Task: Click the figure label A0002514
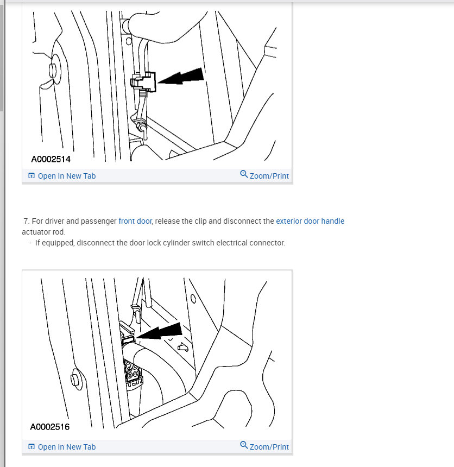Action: click(51, 159)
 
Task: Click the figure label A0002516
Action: click(50, 427)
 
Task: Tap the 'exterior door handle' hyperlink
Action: click(310, 221)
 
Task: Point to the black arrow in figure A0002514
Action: click(182, 78)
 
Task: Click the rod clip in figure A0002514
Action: click(142, 83)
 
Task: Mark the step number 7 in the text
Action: click(26, 221)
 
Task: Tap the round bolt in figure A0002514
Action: click(53, 71)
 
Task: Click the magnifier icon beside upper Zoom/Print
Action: click(244, 174)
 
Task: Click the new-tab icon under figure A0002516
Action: click(31, 447)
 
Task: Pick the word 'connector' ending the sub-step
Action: click(268, 243)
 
